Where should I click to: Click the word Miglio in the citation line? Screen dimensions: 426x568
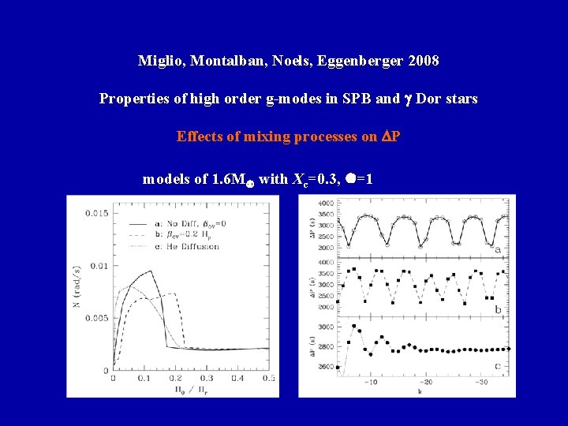(x=158, y=61)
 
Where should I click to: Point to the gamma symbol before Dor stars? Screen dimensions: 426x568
(x=407, y=99)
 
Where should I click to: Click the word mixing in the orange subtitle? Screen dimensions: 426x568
(x=263, y=136)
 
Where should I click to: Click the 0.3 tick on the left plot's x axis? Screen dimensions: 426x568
(x=207, y=380)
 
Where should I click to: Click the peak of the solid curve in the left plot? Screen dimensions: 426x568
(x=150, y=271)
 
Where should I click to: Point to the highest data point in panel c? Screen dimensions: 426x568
(x=354, y=325)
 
